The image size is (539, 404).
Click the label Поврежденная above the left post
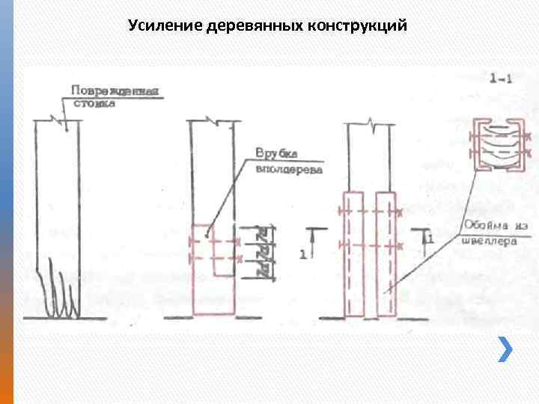click(x=116, y=91)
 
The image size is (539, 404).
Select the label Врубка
click(x=277, y=154)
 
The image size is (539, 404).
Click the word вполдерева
click(x=289, y=169)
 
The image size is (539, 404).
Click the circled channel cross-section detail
click(x=495, y=143)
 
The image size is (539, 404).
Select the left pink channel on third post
click(x=354, y=254)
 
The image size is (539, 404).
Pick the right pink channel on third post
click(x=387, y=254)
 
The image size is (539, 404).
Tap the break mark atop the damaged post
click(x=56, y=118)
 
